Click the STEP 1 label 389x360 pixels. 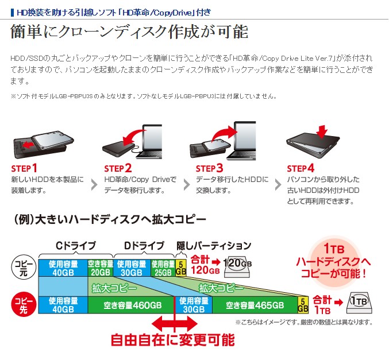coord(24,169)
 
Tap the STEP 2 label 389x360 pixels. coord(118,169)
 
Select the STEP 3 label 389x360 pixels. coord(209,169)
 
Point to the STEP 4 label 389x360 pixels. coord(301,169)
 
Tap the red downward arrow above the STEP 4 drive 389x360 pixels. coord(322,131)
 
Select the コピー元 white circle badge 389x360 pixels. coord(24,268)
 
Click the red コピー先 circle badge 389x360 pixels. coord(24,305)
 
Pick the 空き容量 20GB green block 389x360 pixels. coord(101,268)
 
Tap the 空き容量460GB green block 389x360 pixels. coord(131,305)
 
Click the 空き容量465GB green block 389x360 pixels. coord(255,305)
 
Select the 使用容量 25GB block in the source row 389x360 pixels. coord(163,268)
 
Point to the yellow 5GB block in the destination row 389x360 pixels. coord(303,305)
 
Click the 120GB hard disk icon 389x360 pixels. coord(237,267)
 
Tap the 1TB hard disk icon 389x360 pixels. coord(359,303)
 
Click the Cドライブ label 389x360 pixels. coord(76,246)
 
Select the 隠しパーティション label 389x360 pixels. coord(214,246)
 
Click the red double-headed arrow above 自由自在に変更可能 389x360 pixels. coord(175,324)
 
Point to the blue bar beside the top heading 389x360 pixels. coord(12,13)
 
